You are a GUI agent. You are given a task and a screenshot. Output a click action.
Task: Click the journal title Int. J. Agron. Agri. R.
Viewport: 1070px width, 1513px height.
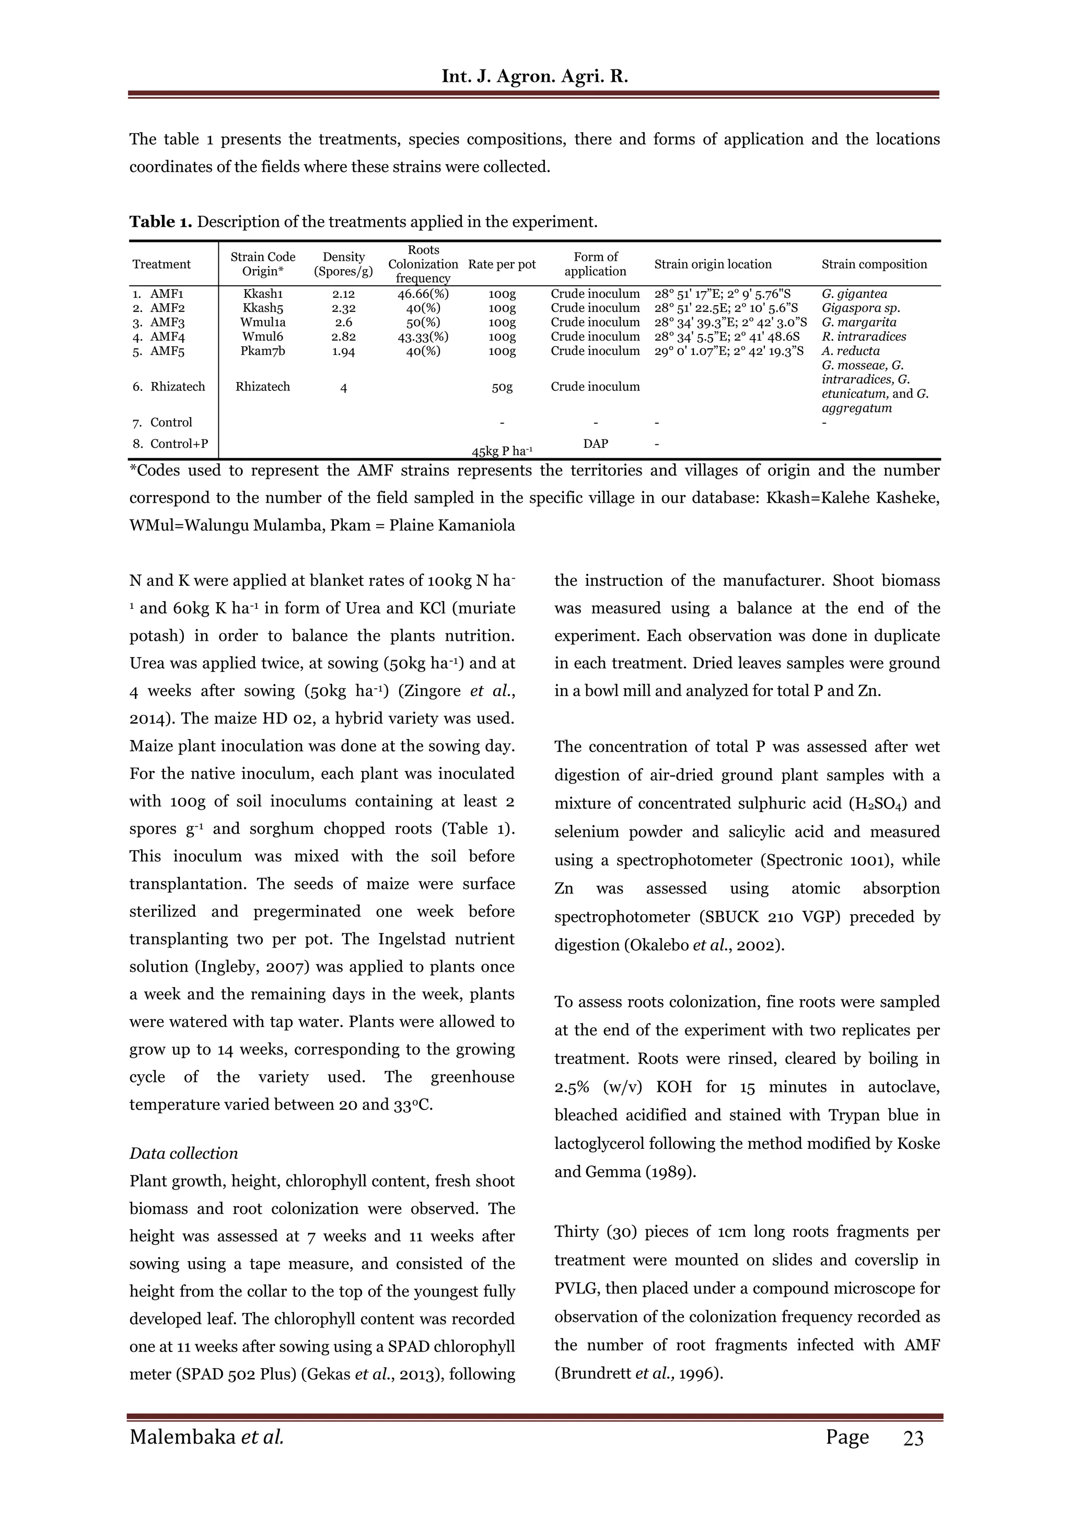tap(534, 76)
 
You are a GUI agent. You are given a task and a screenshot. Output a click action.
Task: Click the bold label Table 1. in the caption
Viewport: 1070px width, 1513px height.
tap(160, 222)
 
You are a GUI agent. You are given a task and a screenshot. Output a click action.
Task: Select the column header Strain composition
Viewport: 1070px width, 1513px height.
tap(874, 264)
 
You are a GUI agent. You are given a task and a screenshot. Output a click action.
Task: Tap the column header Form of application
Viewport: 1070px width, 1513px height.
tap(595, 264)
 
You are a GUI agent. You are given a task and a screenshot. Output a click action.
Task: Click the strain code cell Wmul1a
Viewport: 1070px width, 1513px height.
tap(262, 322)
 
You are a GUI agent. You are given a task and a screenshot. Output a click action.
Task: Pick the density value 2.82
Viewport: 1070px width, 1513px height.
tap(343, 337)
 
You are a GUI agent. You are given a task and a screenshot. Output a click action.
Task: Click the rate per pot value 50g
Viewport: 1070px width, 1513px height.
tap(502, 387)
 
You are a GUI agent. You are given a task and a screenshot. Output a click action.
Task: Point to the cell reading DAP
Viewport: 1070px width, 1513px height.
tap(595, 444)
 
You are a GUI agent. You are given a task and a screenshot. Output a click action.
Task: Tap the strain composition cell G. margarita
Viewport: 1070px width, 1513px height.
tap(858, 322)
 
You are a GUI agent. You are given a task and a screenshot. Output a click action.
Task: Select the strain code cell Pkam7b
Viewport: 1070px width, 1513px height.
tap(262, 351)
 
